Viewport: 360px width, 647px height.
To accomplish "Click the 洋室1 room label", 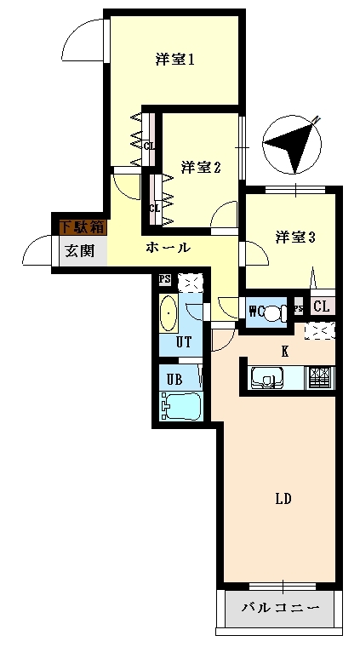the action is click(174, 60).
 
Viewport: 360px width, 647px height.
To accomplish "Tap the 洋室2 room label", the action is click(201, 168).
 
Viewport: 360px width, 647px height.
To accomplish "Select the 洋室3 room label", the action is click(295, 238).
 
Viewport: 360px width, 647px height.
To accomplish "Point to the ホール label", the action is click(169, 248).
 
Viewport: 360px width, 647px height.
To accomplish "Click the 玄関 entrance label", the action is click(80, 250).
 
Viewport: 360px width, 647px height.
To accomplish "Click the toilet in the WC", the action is click(273, 312).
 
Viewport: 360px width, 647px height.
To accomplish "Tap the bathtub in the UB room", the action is click(181, 405).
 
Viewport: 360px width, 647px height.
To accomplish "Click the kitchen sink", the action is click(266, 378).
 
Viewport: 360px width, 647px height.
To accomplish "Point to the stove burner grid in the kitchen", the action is click(320, 377).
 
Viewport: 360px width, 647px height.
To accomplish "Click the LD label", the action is click(283, 499).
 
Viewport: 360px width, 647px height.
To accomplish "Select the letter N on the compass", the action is click(317, 120).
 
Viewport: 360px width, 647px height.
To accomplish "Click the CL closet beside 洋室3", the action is click(322, 306).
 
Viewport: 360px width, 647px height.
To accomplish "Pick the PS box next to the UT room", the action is click(165, 279).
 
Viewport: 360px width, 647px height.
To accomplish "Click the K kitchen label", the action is click(284, 352).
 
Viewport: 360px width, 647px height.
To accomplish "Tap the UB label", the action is click(174, 379).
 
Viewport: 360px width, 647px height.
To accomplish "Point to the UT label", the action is click(183, 342).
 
